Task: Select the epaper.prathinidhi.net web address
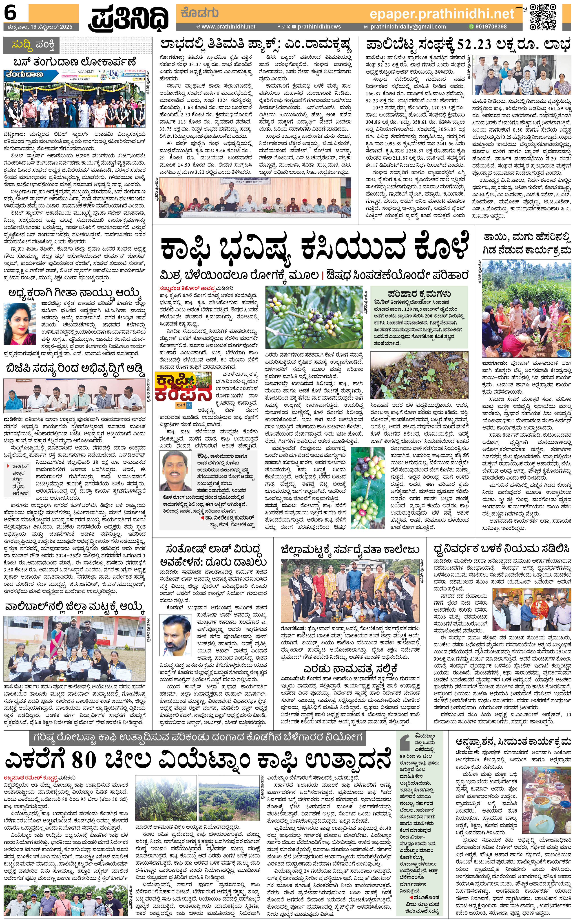point(442,14)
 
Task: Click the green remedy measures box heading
point(419,293)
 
